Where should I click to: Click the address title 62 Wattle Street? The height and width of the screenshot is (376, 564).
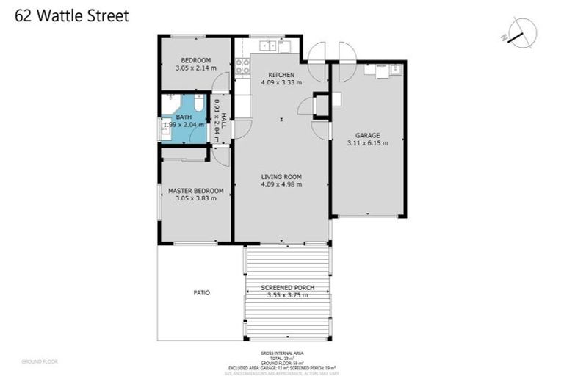72,16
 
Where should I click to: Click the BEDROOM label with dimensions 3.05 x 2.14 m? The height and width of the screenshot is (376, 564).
196,60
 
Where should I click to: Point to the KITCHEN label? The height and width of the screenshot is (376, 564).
281,75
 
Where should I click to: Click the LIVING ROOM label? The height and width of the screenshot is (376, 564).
281,177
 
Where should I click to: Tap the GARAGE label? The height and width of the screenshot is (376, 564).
367,136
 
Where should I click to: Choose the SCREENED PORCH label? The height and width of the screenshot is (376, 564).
287,287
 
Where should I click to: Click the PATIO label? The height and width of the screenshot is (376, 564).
201,292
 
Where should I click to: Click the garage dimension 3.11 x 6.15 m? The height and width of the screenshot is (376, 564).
367,143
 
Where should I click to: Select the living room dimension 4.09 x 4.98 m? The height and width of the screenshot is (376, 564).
281,184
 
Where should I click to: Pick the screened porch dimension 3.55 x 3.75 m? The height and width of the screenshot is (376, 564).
287,295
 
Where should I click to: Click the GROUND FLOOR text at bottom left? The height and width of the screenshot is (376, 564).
39,361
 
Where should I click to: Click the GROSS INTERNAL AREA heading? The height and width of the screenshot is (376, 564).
287,353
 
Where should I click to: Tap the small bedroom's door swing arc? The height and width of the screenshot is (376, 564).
220,83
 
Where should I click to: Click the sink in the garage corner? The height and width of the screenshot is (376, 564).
394,70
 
